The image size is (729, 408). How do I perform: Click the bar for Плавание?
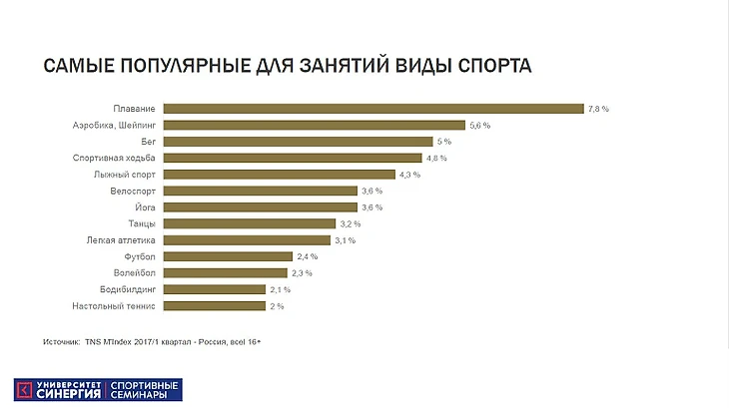[372, 109]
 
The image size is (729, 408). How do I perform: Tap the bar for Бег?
[298, 142]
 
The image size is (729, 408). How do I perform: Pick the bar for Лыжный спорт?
[279, 174]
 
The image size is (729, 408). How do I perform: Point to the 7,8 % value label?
[598, 109]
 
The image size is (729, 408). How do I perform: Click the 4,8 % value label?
[436, 158]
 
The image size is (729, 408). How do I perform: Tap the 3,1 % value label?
[345, 240]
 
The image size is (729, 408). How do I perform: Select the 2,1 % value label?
[281, 289]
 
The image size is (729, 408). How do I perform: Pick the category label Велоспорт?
[132, 191]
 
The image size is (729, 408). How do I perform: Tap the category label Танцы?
[141, 223]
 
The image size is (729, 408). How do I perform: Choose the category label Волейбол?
[134, 272]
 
